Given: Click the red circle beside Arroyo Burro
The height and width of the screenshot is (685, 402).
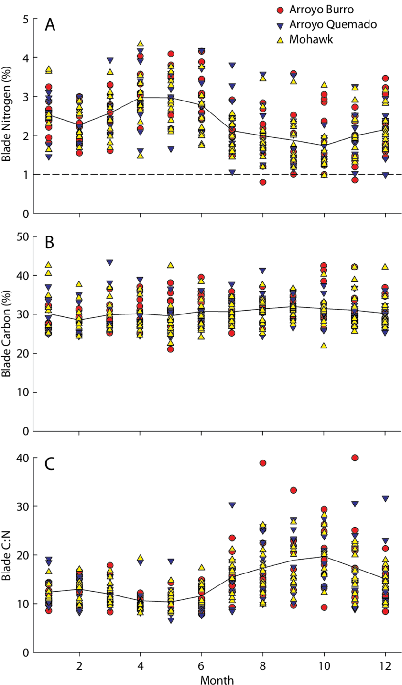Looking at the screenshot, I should point(281,10).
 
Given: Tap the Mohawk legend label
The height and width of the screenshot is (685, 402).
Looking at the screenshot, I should point(311,39).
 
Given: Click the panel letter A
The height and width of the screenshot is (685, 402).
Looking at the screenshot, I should point(50,25).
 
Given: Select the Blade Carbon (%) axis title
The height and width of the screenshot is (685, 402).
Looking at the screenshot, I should point(7,334).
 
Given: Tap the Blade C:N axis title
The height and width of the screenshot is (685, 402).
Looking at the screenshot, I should point(7,555).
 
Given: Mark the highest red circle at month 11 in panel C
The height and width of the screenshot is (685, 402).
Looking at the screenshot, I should point(355,458).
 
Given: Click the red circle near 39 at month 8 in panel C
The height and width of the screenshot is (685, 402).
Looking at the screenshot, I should point(262,463).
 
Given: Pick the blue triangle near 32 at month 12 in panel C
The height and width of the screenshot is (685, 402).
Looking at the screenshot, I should point(385,499).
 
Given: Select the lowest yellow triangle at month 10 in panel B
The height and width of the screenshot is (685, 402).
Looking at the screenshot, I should point(324,345).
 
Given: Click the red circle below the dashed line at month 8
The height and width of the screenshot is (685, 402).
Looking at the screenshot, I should point(262,182).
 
